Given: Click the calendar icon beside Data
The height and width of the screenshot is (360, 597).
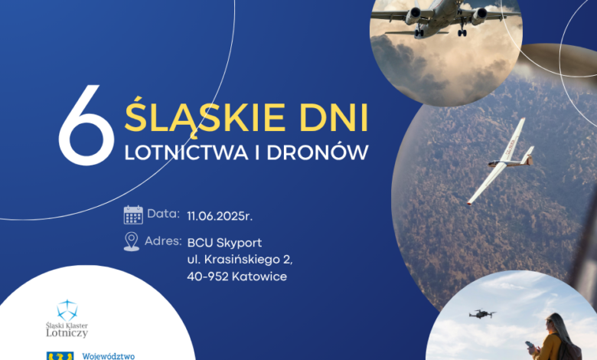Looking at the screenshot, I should click(133, 215).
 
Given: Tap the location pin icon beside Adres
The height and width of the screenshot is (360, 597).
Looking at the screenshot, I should click(132, 242).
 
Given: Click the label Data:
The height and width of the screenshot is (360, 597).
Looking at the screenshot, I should click(162, 214).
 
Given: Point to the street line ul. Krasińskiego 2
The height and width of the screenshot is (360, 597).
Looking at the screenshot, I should click(240, 260).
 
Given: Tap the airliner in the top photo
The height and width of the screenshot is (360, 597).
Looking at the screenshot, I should click(444, 17).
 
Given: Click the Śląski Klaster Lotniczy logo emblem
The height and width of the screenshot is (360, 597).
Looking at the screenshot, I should click(67, 310).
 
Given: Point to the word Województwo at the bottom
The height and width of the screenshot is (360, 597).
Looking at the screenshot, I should click(108, 355).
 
